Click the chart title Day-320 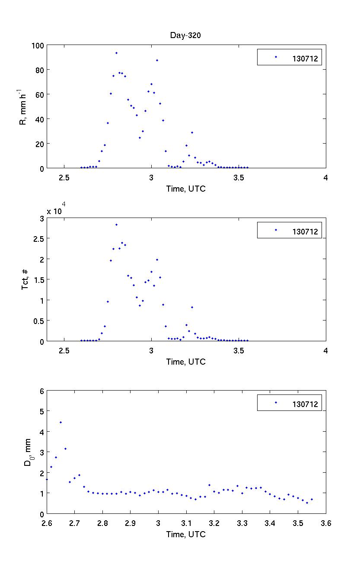click(x=185, y=36)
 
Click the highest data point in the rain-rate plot click(x=116, y=53)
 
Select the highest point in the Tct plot click(x=116, y=224)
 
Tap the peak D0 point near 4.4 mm click(x=61, y=422)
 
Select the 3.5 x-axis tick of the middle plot click(x=239, y=350)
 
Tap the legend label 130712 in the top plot click(x=305, y=59)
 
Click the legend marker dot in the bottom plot click(x=276, y=402)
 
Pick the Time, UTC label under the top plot click(x=186, y=189)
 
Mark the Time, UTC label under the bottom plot click(x=186, y=534)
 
